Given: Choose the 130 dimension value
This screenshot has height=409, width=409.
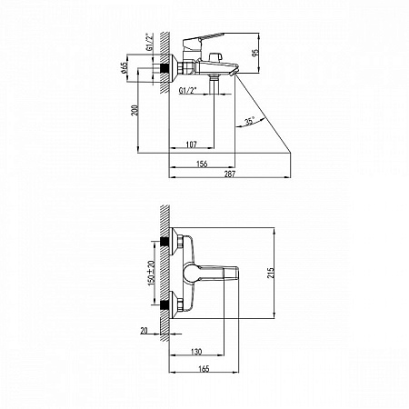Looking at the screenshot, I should pos(197,352).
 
